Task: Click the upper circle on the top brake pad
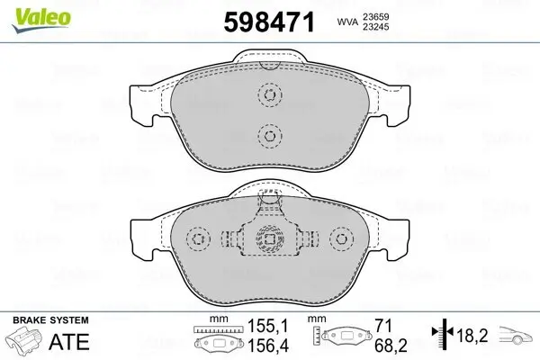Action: click(268, 94)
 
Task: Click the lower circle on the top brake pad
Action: click(268, 135)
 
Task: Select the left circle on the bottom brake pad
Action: click(197, 239)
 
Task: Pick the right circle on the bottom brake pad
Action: click(339, 239)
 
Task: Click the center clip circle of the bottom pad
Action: click(268, 239)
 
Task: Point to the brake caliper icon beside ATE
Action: click(26, 342)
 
